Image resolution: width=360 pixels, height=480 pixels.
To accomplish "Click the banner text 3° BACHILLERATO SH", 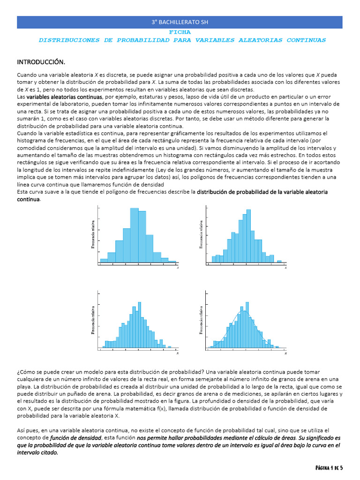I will coord(180,22).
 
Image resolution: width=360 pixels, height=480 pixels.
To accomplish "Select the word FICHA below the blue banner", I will coord(180,32).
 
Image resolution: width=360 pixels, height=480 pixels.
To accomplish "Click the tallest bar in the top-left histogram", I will coord(134,234).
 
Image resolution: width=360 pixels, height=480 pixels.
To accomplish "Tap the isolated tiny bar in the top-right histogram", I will coord(279,261).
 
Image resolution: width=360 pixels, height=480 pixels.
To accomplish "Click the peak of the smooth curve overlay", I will coord(243,310).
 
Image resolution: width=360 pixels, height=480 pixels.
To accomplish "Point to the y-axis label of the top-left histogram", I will coord(93,234).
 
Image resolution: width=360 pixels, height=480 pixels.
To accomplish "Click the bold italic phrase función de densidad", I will coord(76,438).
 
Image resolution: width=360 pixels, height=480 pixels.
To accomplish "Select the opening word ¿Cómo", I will coord(26,372).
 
